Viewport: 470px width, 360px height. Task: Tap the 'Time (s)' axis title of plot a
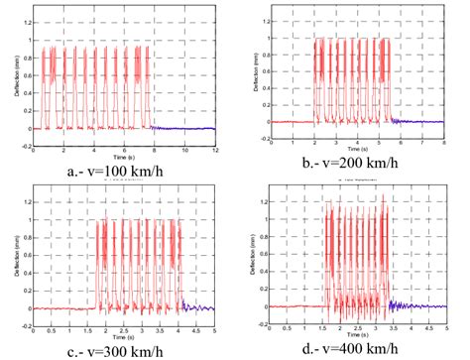point(125,161)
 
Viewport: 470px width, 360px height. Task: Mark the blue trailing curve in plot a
point(188,129)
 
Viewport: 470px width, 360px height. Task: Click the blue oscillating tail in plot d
point(407,305)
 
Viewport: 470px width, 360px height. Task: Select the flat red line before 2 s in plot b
point(294,122)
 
